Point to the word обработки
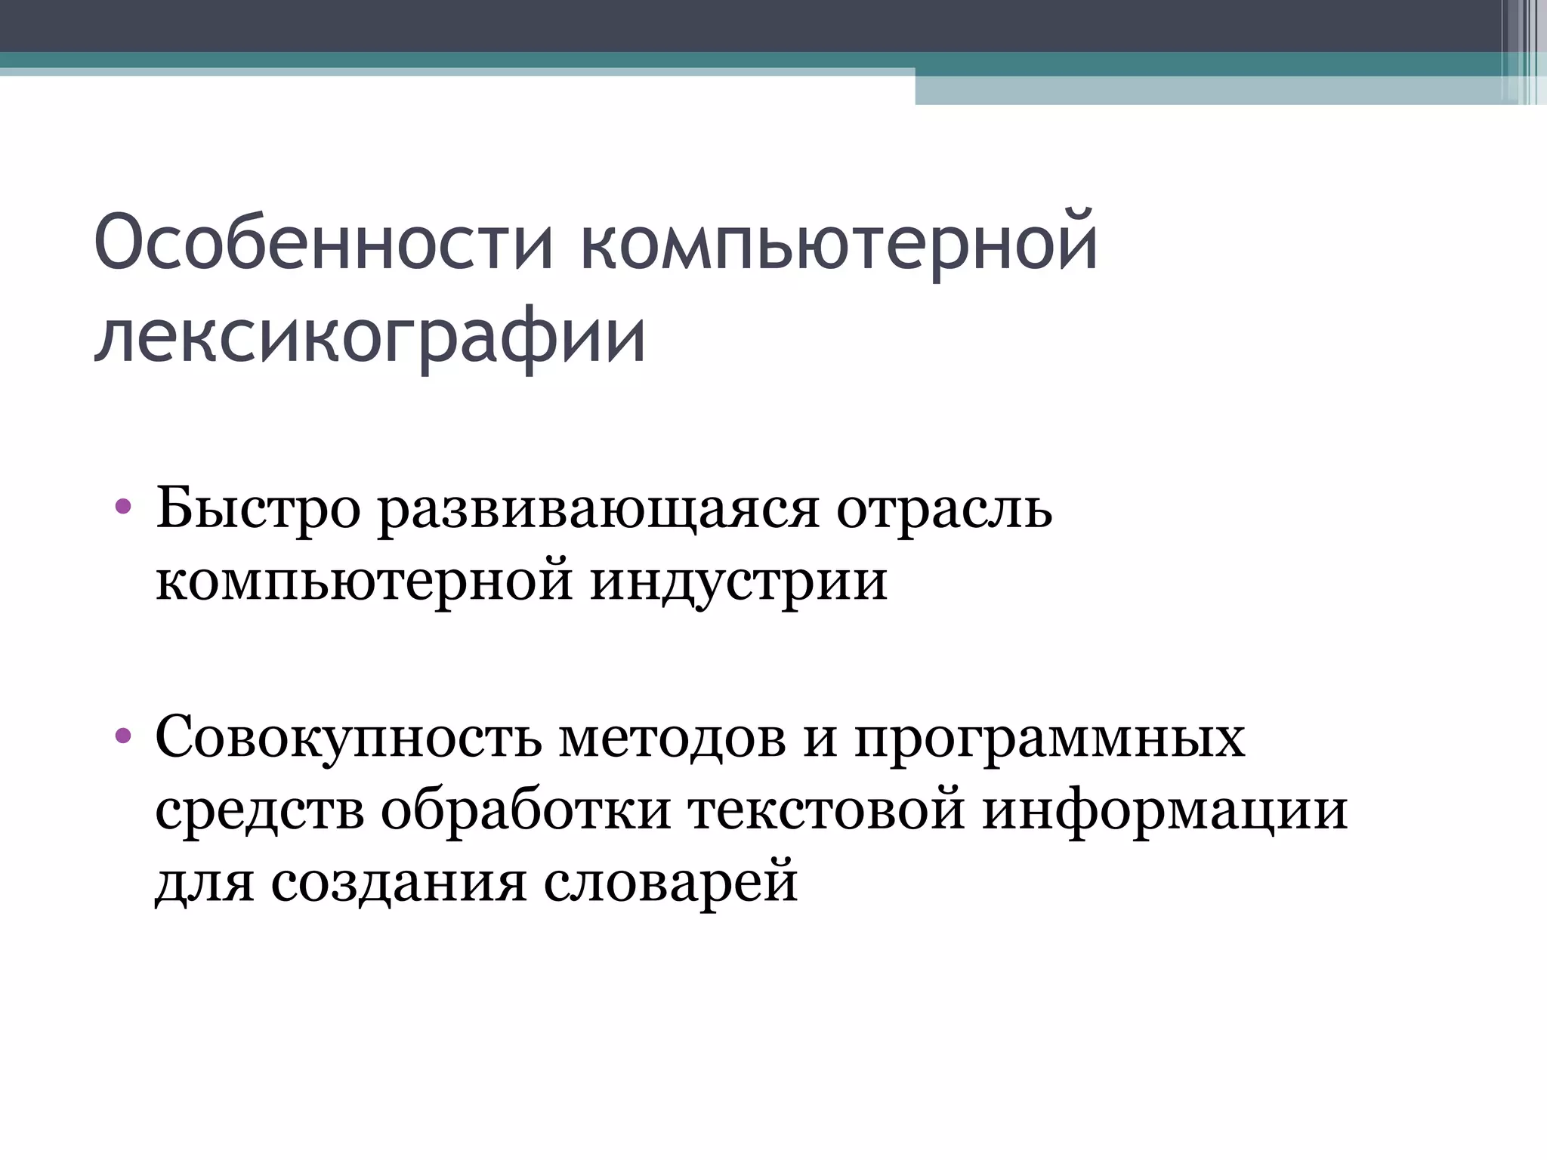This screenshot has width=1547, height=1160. tap(526, 810)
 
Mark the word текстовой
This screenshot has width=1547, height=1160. tap(826, 810)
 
